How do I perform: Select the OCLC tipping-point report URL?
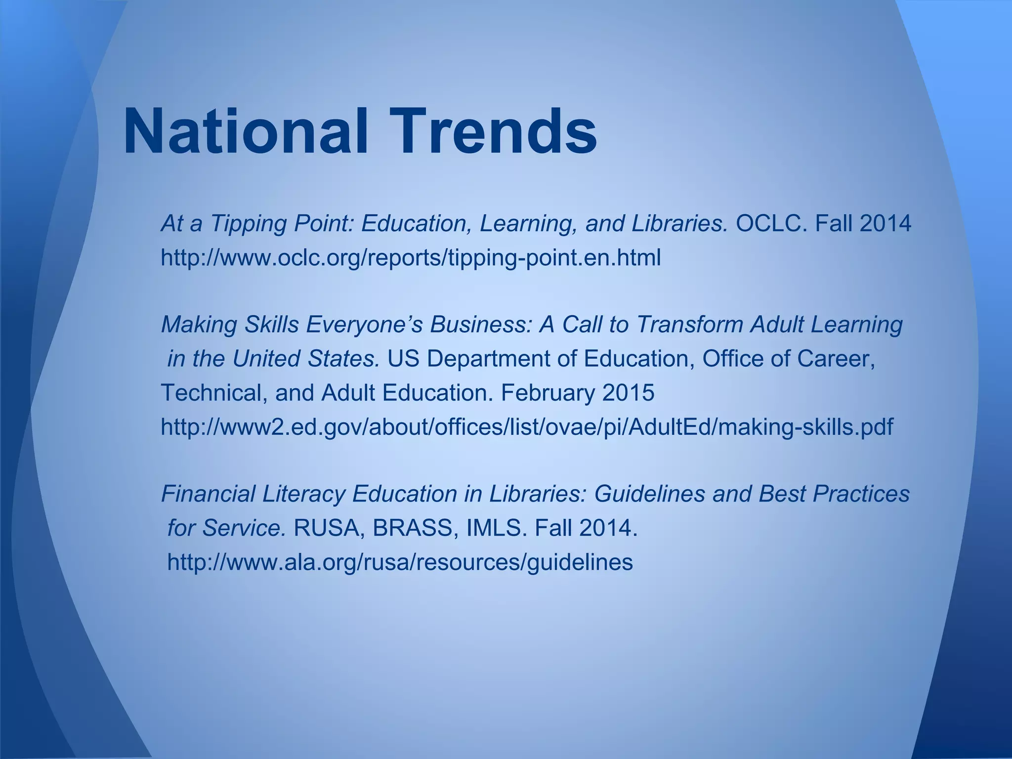[411, 258]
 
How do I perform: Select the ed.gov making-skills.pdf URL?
[527, 426]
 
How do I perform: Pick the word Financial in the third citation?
[209, 494]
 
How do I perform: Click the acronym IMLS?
[494, 528]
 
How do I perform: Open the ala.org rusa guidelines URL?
[400, 562]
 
